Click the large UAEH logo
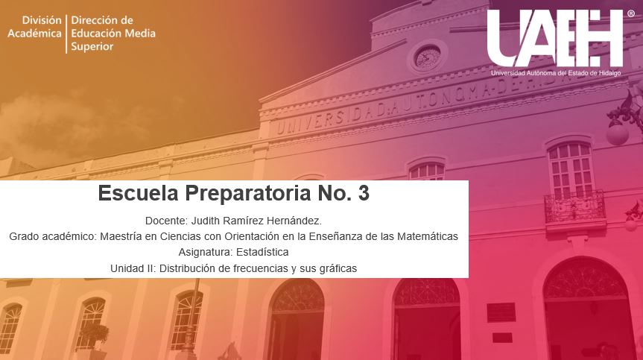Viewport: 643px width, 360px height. click(x=555, y=39)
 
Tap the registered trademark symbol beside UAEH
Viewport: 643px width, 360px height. click(x=631, y=13)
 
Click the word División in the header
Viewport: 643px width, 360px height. click(x=42, y=20)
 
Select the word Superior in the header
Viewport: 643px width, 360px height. click(x=92, y=47)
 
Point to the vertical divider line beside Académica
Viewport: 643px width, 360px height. click(x=66, y=34)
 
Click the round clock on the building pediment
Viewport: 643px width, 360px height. click(x=427, y=57)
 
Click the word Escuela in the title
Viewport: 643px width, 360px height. click(x=138, y=193)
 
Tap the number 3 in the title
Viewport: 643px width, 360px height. click(x=364, y=193)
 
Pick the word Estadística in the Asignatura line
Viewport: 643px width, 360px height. click(x=262, y=252)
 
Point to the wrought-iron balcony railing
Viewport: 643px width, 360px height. click(x=574, y=206)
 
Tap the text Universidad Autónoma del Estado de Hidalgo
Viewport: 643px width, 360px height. click(x=556, y=73)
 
